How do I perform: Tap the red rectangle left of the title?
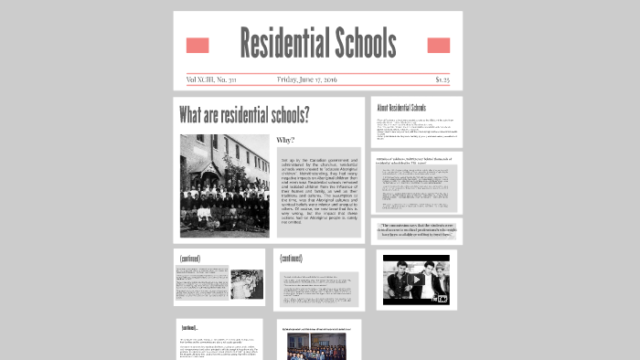point(197,46)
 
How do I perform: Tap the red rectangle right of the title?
point(439,46)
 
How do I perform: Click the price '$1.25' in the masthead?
point(443,79)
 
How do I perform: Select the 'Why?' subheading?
point(285,141)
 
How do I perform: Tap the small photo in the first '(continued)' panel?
point(247,284)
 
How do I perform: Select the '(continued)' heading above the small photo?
point(190,258)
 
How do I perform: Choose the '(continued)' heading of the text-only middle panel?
point(291,258)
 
